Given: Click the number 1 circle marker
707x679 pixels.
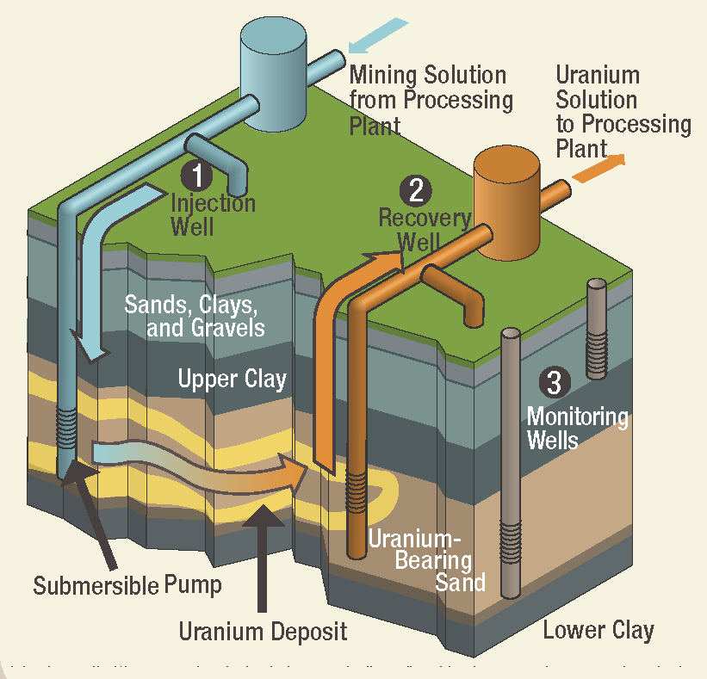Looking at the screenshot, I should click(x=197, y=176).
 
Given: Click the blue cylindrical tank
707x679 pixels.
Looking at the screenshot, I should click(x=273, y=71).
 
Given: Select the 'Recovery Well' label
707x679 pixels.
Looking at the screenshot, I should click(x=424, y=229).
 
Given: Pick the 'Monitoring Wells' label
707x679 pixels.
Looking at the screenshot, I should click(x=577, y=428).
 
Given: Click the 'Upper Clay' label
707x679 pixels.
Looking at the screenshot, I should click(x=232, y=378).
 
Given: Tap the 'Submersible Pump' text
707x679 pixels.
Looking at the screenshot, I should click(x=127, y=586).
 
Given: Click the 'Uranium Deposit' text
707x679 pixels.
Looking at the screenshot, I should click(x=263, y=632).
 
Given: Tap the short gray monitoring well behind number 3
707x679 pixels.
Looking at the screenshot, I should click(x=596, y=330).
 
